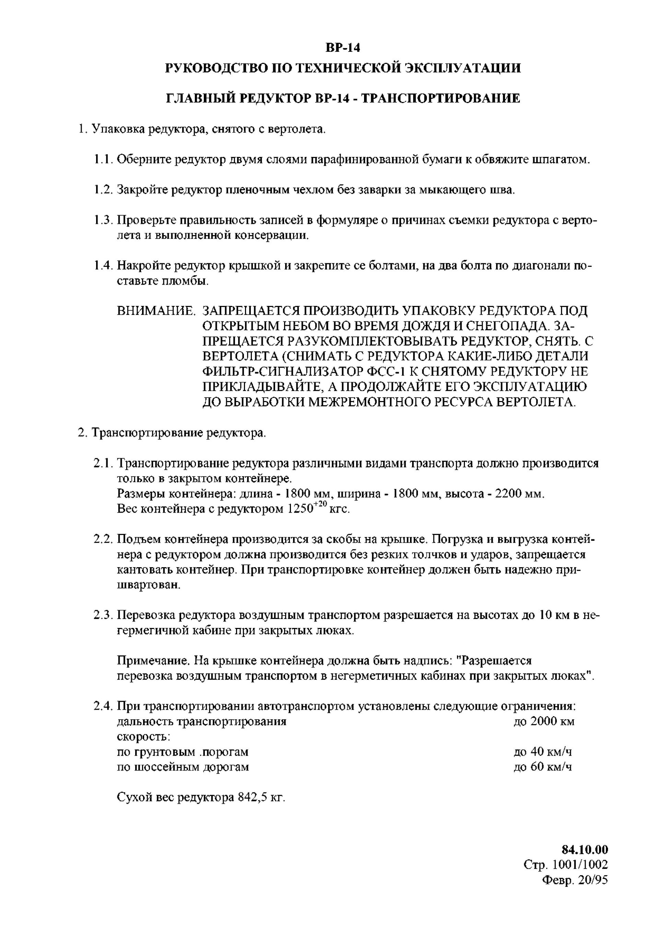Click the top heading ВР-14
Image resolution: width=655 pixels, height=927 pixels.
coord(342,48)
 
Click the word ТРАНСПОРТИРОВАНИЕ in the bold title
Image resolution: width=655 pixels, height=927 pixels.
coord(440,98)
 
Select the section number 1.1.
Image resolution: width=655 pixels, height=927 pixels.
coord(103,160)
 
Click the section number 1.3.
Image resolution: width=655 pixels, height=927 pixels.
coord(103,220)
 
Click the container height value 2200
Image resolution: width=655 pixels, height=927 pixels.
coord(511,494)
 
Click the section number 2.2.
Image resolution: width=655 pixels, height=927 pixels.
coord(103,539)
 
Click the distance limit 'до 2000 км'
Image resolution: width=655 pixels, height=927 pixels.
coord(543,721)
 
